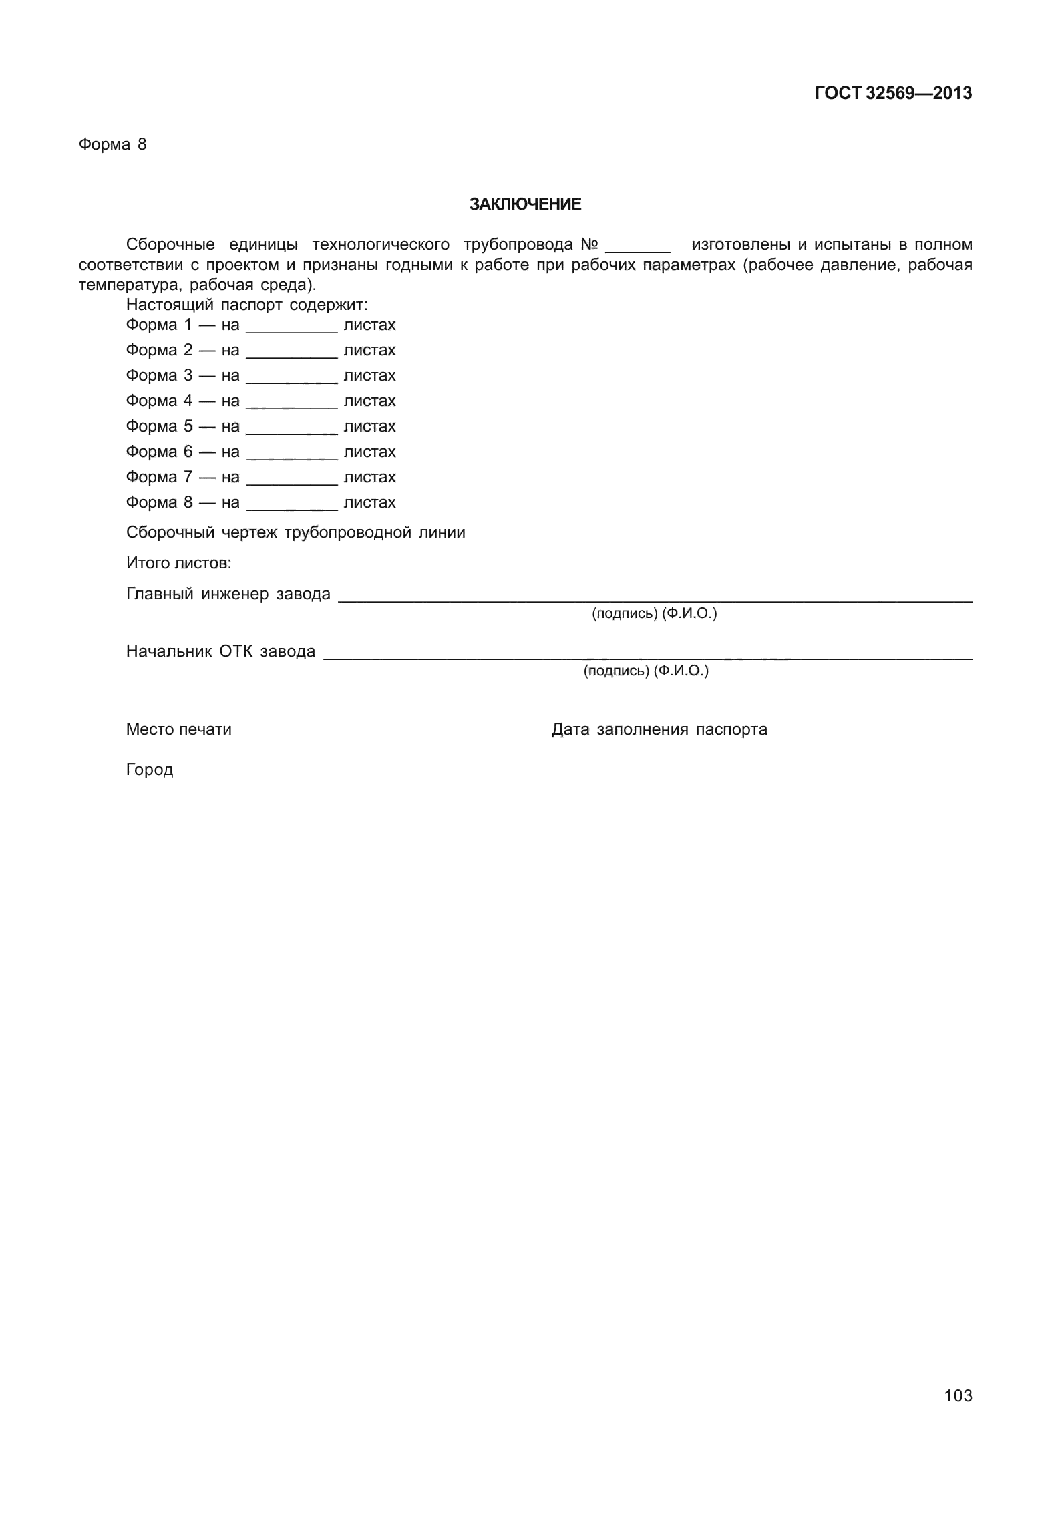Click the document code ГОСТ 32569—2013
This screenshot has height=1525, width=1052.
pyautogui.click(x=892, y=94)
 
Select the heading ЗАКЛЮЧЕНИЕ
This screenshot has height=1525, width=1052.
pyautogui.click(x=525, y=204)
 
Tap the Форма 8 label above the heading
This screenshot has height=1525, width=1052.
pyautogui.click(x=112, y=144)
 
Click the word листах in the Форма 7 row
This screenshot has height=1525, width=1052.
pyautogui.click(x=369, y=477)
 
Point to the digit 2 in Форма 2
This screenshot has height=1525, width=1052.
pyautogui.click(x=188, y=350)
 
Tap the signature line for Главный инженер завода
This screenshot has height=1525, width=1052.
pyautogui.click(x=655, y=599)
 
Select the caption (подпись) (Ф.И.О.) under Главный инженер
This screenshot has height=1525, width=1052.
pyautogui.click(x=654, y=613)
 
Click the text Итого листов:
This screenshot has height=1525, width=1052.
pyautogui.click(x=178, y=563)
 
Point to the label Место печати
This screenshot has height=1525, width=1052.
pyautogui.click(x=178, y=729)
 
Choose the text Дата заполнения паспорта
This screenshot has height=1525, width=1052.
pyautogui.click(x=659, y=729)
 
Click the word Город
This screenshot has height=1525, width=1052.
pyautogui.click(x=150, y=770)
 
